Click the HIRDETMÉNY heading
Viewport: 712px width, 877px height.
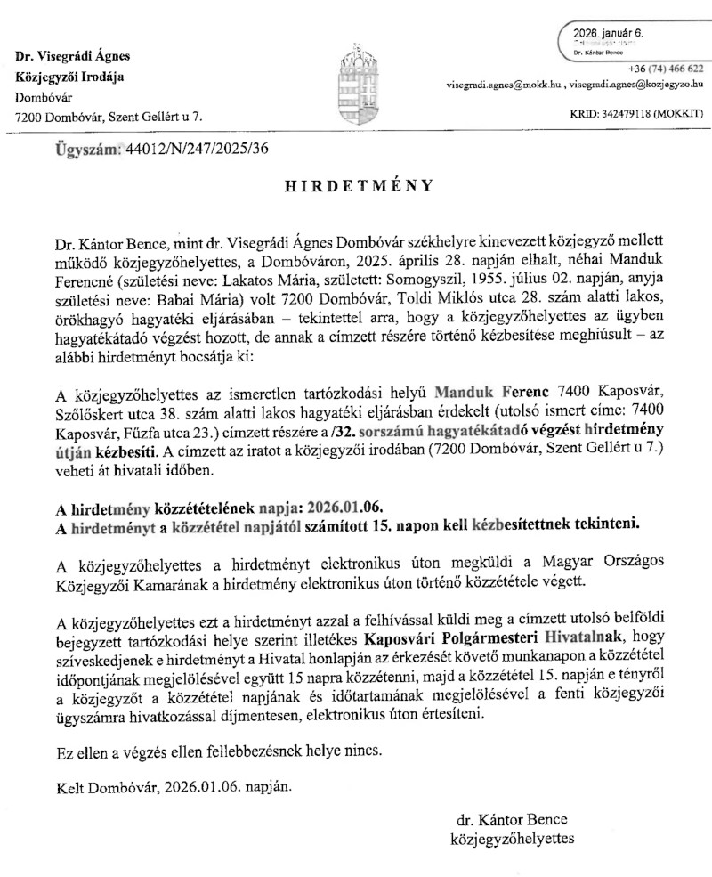click(359, 186)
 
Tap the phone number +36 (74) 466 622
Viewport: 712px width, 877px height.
click(665, 69)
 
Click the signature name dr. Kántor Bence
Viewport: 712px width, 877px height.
click(510, 819)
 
